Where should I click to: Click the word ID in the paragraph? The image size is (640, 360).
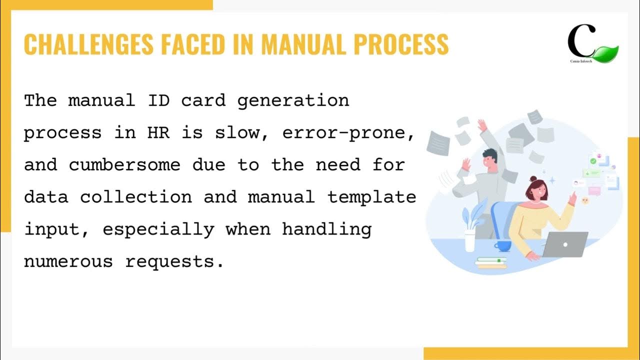pyautogui.click(x=158, y=100)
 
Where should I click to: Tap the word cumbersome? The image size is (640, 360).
pyautogui.click(x=124, y=165)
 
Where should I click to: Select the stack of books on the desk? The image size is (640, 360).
pyautogui.click(x=491, y=262)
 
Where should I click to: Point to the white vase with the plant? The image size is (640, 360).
pyautogui.click(x=470, y=240)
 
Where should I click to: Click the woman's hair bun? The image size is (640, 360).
pyautogui.click(x=533, y=179)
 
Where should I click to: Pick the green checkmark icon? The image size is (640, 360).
pyautogui.click(x=593, y=161)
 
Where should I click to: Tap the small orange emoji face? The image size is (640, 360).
pyautogui.click(x=585, y=200)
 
